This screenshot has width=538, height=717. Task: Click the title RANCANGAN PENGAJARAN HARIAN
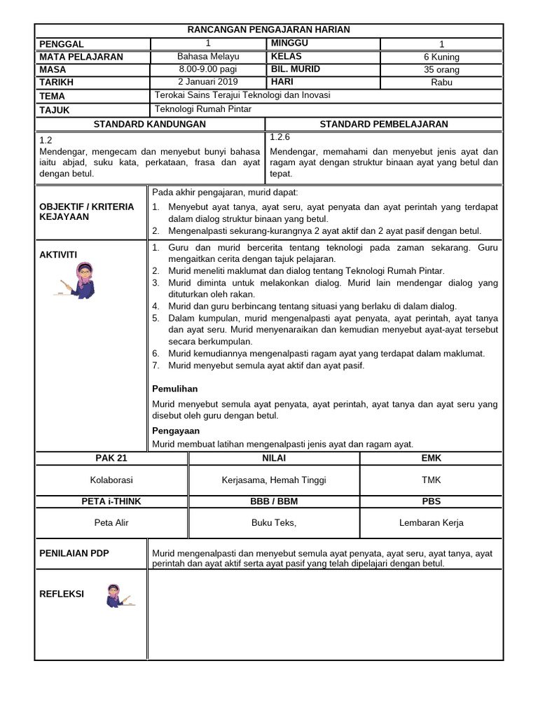(269, 29)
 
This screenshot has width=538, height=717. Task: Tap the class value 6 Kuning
(441, 57)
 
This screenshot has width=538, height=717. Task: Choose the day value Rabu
(441, 82)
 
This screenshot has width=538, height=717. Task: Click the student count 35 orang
(441, 69)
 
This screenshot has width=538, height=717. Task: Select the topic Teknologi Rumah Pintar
(202, 109)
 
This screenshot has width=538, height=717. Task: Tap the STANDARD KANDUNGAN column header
(150, 124)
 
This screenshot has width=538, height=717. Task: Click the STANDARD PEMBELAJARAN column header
(383, 124)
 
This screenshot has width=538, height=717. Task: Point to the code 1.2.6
(280, 137)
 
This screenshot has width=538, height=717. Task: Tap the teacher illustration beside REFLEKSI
(117, 596)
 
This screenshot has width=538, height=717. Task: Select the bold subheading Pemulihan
(175, 388)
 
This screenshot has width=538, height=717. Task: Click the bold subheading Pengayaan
(176, 431)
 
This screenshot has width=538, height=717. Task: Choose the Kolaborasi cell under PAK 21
(111, 480)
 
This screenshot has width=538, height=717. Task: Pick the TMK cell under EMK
(431, 480)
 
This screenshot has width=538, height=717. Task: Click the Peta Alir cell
(111, 522)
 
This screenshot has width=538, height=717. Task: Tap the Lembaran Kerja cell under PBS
(431, 522)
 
